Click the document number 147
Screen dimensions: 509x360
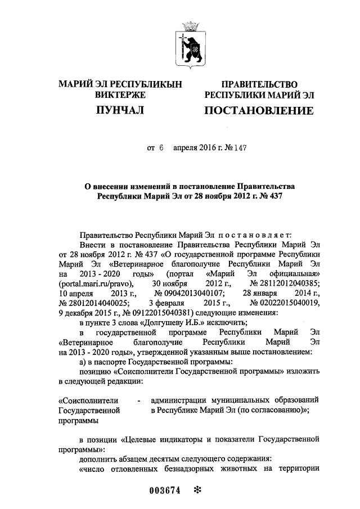pos(241,148)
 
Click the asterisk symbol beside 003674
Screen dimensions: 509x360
pos(197,490)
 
